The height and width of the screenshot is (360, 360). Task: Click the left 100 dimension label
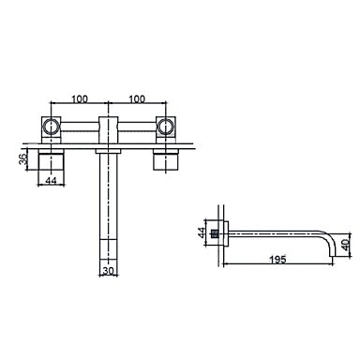[x=80, y=99]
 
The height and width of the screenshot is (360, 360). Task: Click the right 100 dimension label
[x=137, y=99]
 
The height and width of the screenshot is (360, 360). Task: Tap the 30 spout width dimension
[x=108, y=271]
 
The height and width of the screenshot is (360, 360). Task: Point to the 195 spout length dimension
[x=277, y=260]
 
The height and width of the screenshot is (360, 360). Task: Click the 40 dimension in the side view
[x=345, y=245]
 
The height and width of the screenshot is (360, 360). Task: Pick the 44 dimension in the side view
[x=202, y=232]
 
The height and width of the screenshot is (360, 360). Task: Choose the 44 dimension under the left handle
[x=51, y=180]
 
